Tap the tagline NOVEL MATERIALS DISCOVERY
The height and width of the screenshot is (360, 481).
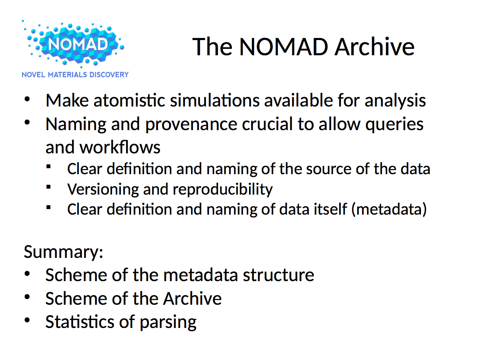click(x=75, y=74)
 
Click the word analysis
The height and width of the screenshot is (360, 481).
click(x=395, y=101)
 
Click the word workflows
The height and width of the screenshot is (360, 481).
click(x=120, y=147)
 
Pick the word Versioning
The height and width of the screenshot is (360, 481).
click(x=103, y=189)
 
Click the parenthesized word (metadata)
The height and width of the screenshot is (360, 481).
click(x=388, y=209)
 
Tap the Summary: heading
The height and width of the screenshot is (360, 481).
click(x=64, y=252)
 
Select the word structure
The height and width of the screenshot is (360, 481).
click(x=278, y=275)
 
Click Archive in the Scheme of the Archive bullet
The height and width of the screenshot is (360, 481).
click(x=192, y=298)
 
